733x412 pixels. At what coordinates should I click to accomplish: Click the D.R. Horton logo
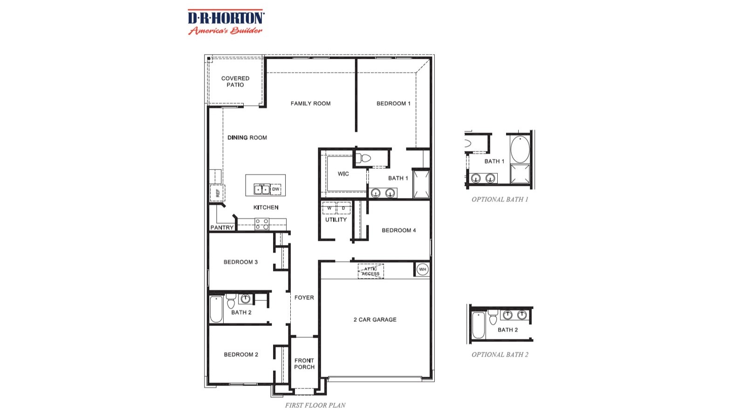point(226,22)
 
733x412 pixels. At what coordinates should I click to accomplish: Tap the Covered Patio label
point(235,81)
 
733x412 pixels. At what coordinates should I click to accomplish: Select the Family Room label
point(310,103)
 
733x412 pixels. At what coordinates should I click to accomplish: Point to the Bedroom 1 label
point(393,103)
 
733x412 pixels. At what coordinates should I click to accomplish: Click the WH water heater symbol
point(422,270)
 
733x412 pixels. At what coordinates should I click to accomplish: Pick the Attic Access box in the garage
point(371,271)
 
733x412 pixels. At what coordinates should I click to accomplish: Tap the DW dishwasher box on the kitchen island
point(276,189)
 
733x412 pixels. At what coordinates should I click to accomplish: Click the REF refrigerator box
point(218,193)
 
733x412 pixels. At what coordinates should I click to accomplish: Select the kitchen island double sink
point(261,189)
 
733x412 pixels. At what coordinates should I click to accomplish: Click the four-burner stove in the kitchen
point(262,224)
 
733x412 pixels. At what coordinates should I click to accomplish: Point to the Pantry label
point(222,228)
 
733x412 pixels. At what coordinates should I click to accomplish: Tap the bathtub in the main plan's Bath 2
point(216,310)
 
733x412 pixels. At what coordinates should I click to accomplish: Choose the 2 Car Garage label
point(375,320)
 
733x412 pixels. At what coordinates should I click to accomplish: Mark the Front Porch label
point(304,364)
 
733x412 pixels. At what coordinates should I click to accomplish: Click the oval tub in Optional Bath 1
point(520,149)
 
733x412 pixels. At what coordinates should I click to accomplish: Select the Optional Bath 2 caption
point(500,355)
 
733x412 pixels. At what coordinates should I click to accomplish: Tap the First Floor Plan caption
point(315,405)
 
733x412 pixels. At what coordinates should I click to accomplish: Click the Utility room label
point(336,220)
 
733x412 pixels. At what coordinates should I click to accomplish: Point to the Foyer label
point(304,297)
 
